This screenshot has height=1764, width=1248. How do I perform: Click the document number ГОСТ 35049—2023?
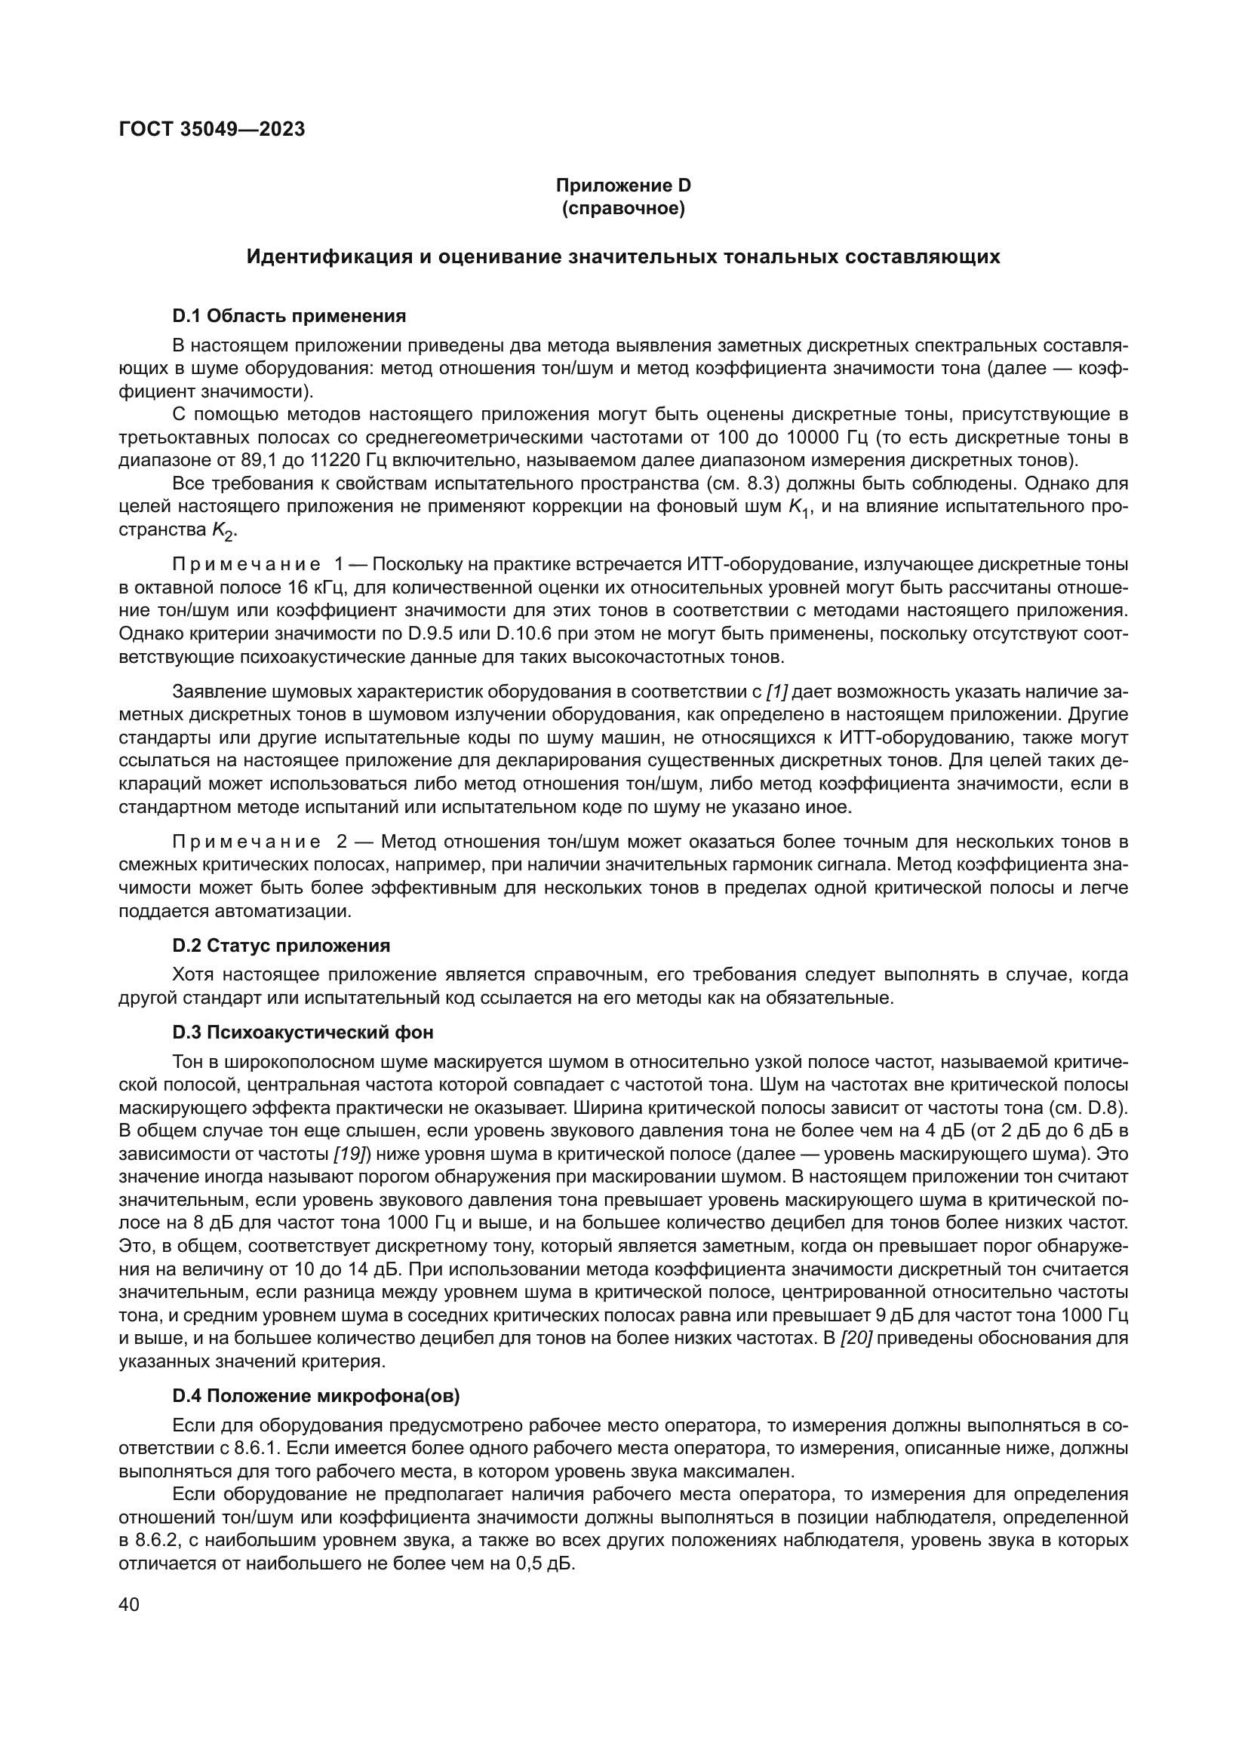(212, 129)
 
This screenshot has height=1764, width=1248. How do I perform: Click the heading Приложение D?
(623, 186)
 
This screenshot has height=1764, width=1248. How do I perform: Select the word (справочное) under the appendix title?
(623, 208)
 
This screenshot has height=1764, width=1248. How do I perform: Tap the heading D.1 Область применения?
(289, 316)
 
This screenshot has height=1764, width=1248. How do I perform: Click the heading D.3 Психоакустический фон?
(303, 1032)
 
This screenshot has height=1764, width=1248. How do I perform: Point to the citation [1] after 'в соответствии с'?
(777, 692)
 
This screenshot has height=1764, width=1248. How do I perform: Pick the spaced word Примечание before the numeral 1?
(246, 565)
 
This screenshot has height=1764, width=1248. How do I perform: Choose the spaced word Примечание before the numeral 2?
(246, 842)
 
